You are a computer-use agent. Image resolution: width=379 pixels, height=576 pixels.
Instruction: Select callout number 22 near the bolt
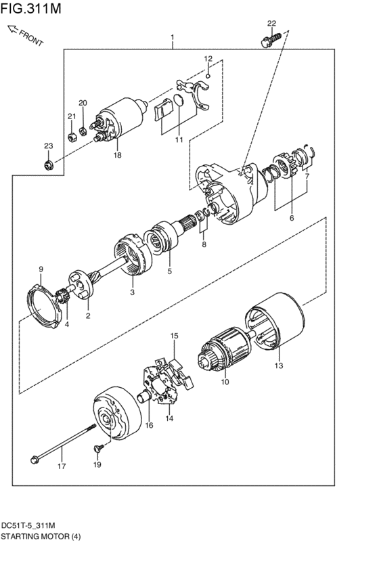pyautogui.click(x=271, y=24)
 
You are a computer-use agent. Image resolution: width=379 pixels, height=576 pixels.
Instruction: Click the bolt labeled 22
pyautogui.click(x=267, y=42)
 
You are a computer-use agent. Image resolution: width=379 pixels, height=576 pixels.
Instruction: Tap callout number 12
pyautogui.click(x=208, y=59)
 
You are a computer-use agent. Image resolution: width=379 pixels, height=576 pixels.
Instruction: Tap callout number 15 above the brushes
pyautogui.click(x=174, y=336)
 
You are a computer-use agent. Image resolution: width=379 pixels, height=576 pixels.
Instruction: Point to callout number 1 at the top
pyautogui.click(x=173, y=37)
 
